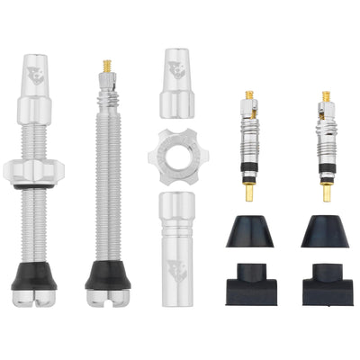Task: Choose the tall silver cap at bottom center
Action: [x=179, y=242]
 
